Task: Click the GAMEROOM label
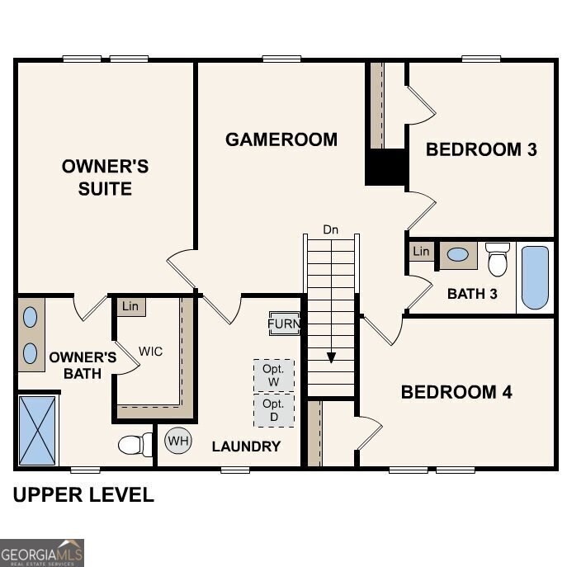(x=281, y=139)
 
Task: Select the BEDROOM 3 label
(x=481, y=149)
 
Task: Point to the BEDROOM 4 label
(x=456, y=392)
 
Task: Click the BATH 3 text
(x=472, y=294)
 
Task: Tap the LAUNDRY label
(x=246, y=447)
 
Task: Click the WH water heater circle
(x=177, y=441)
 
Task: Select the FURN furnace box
(x=284, y=324)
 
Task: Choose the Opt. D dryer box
(x=273, y=410)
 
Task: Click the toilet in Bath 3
(x=498, y=258)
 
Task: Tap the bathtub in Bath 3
(x=535, y=277)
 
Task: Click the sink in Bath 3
(x=457, y=255)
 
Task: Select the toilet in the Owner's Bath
(x=135, y=445)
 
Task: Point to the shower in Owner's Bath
(x=38, y=430)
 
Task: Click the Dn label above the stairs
(x=330, y=229)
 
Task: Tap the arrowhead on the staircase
(x=331, y=357)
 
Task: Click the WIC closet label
(x=150, y=352)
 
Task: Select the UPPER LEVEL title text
(x=83, y=495)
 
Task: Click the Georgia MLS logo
(x=42, y=552)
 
